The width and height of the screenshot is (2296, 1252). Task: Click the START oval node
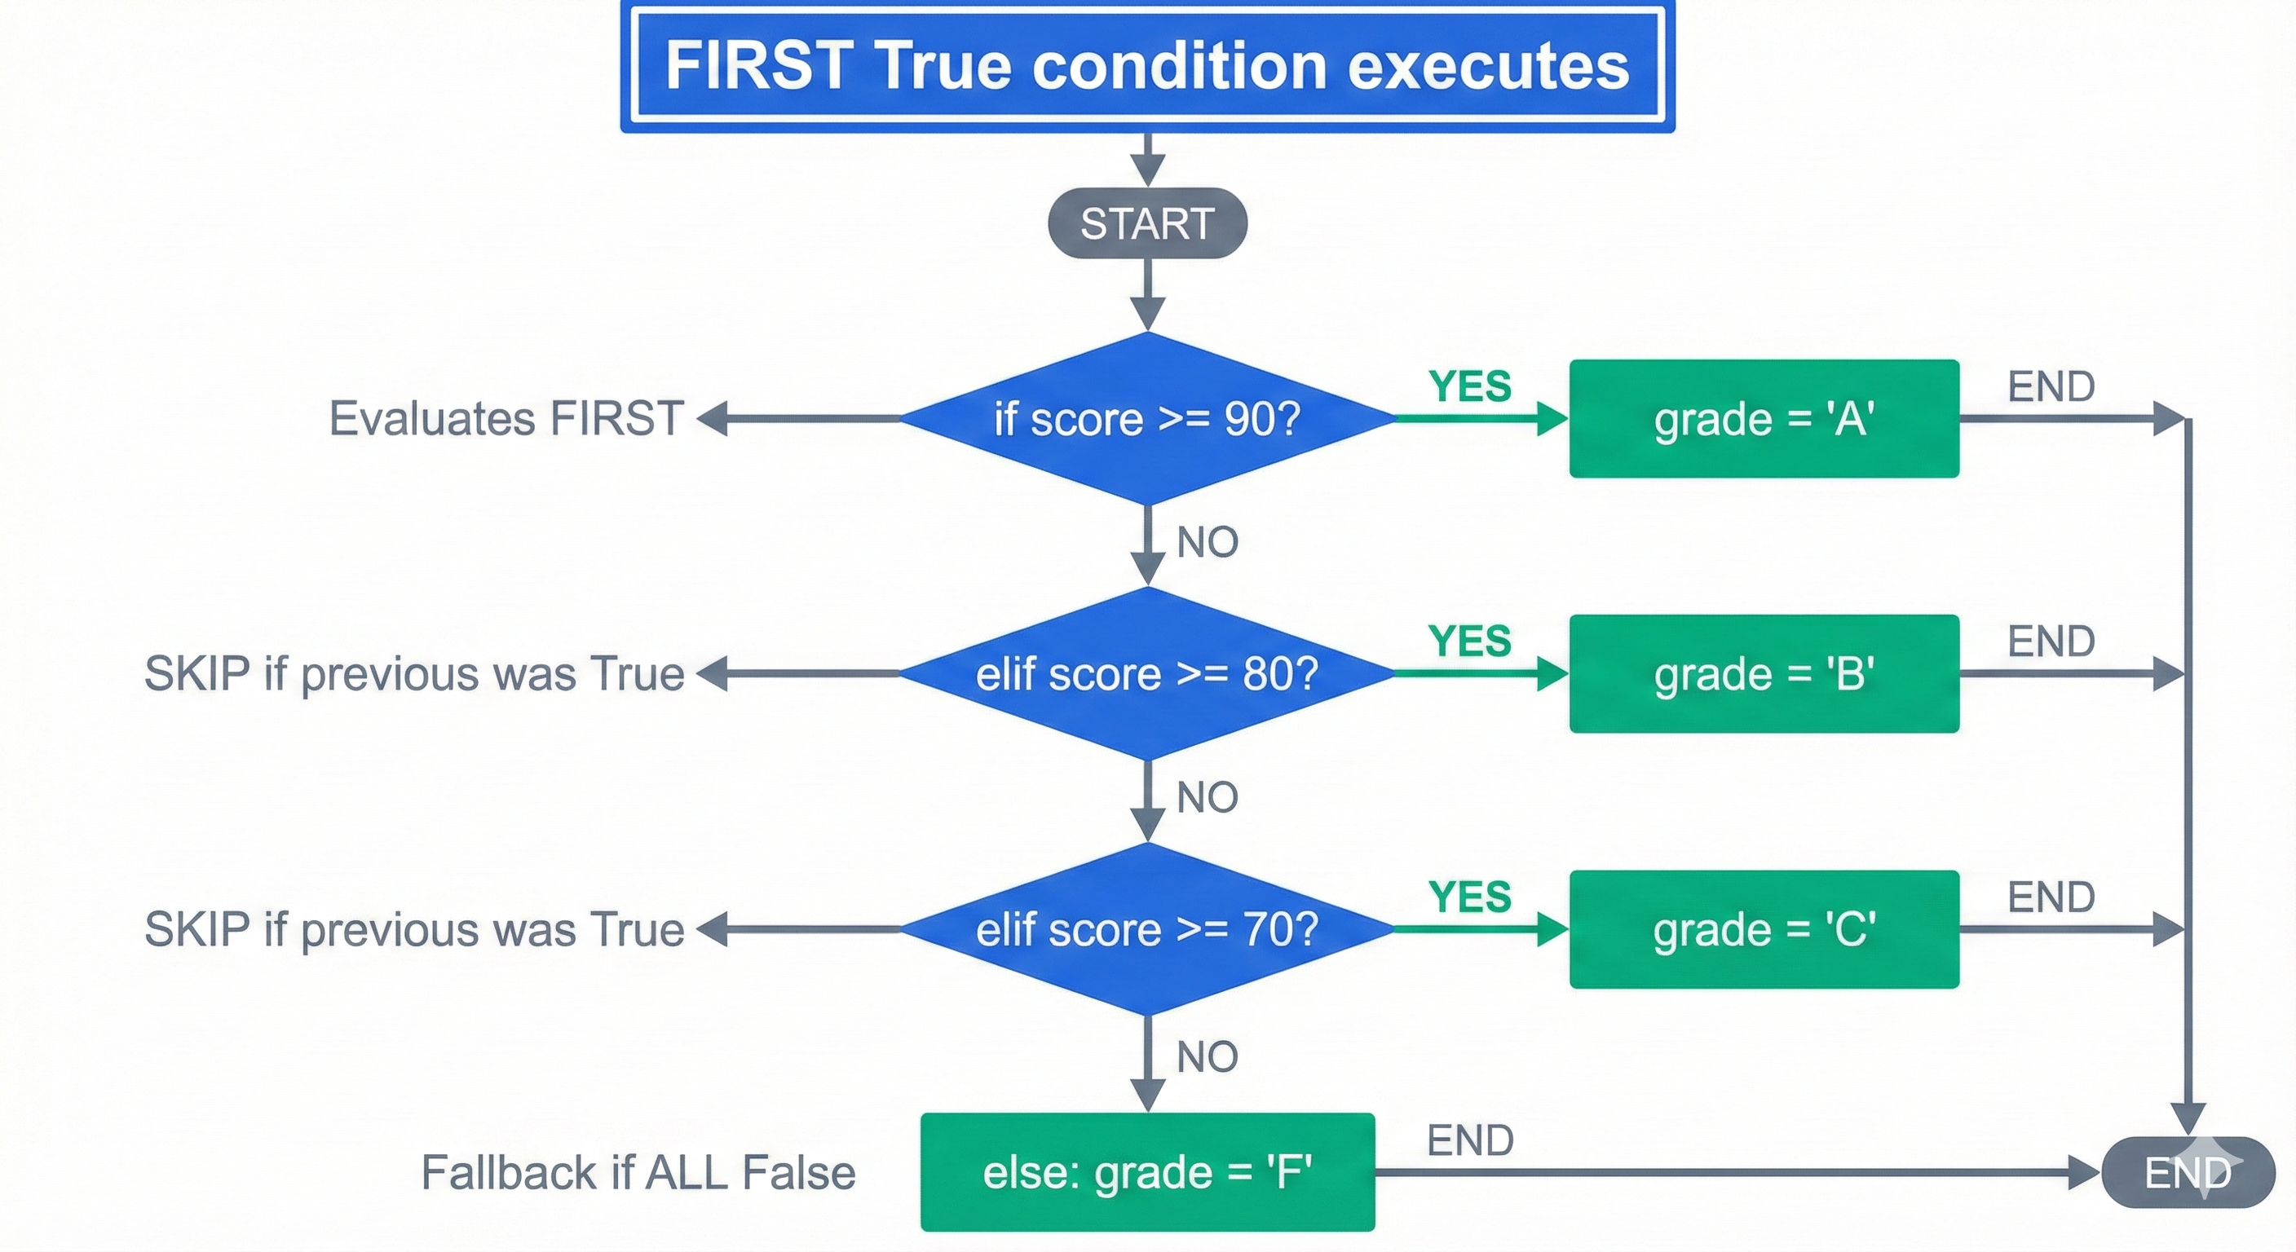(x=1147, y=223)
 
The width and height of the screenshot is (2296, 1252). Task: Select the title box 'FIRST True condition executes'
(x=1147, y=66)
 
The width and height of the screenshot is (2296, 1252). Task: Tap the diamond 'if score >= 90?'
(x=1147, y=419)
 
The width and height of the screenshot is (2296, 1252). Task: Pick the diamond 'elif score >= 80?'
(x=1147, y=673)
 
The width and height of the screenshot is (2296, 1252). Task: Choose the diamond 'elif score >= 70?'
(x=1147, y=929)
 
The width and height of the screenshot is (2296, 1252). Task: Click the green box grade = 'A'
(x=1764, y=419)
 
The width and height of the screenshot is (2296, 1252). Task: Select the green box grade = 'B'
(x=1764, y=673)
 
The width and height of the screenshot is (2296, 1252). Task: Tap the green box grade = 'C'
(x=1764, y=929)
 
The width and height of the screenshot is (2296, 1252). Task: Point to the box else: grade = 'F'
(x=1147, y=1172)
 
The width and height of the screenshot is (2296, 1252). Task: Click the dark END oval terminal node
(x=2188, y=1172)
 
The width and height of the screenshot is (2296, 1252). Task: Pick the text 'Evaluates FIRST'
(x=506, y=419)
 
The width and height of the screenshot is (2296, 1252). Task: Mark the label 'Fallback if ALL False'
(x=638, y=1172)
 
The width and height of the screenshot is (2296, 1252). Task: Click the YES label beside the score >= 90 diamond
(x=1470, y=386)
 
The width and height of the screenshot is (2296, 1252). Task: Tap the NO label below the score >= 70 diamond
(x=1207, y=1057)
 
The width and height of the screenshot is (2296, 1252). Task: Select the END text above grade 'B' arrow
(x=2051, y=641)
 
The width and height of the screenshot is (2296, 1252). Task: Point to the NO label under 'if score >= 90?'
(x=1207, y=542)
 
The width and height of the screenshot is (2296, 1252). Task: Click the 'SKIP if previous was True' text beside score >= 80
(x=414, y=673)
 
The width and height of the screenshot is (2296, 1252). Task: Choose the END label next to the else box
(x=1470, y=1140)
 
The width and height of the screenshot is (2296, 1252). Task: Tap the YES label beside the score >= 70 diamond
(x=1470, y=897)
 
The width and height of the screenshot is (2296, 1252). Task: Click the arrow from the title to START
(x=1147, y=161)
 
